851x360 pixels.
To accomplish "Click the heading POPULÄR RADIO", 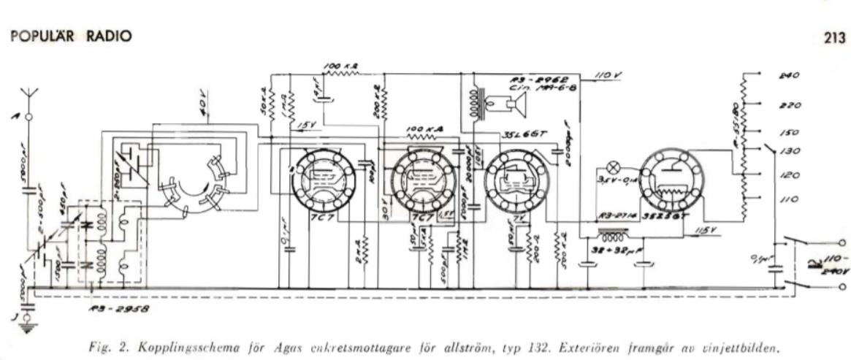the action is click(x=71, y=37).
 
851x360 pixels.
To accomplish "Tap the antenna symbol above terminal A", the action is click(x=30, y=95).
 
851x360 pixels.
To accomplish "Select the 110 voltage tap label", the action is click(x=790, y=199).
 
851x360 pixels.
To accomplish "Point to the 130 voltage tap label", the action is click(x=790, y=151).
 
